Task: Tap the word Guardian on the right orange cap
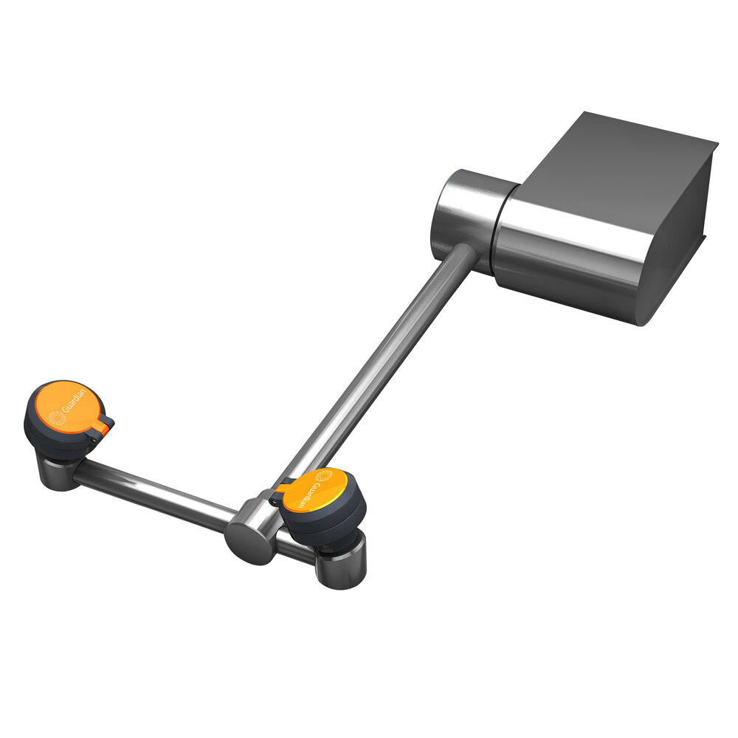click(309, 495)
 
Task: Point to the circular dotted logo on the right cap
click(325, 476)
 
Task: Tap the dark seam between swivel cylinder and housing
click(498, 229)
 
